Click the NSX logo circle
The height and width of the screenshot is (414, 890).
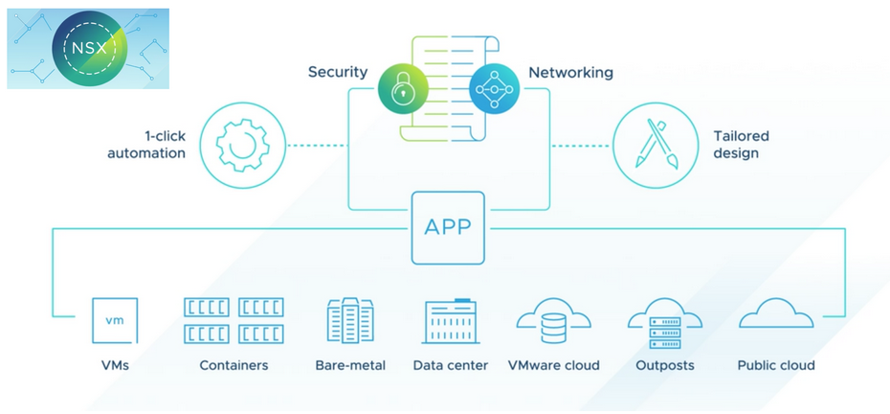86,49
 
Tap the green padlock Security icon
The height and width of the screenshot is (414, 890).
401,89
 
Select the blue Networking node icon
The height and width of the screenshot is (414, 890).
494,89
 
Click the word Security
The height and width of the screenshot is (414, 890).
338,73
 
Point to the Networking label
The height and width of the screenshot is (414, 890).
570,73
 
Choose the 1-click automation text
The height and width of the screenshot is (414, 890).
145,145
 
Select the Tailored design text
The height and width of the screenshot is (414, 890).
741,145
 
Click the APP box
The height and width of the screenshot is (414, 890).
448,227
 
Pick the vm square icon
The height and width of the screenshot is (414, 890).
114,321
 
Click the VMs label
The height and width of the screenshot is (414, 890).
114,365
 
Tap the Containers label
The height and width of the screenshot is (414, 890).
234,365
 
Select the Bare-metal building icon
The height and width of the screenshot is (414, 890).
348,321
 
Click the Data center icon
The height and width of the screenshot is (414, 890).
450,321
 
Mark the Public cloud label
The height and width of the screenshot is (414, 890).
776,365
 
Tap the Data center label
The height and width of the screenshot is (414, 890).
451,365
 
